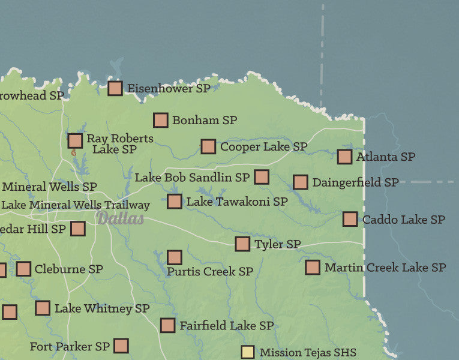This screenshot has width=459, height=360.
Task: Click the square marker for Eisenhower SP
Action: click(x=115, y=88)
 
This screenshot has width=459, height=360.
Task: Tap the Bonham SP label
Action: click(x=205, y=120)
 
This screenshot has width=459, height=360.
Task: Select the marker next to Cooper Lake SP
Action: click(x=208, y=146)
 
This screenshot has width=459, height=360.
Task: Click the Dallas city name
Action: click(x=121, y=218)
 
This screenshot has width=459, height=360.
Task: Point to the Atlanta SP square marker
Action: click(x=344, y=157)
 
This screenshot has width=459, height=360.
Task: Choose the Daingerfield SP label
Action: click(x=355, y=182)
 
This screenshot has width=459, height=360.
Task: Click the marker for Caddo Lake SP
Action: click(x=350, y=219)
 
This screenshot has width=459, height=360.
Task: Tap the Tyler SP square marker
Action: click(x=242, y=244)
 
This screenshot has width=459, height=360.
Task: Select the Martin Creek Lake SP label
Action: click(x=385, y=267)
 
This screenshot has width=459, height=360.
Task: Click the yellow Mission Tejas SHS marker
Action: click(x=248, y=352)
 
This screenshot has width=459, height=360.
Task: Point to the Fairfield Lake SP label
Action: click(x=226, y=325)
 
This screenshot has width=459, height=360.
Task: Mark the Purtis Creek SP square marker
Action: click(x=175, y=257)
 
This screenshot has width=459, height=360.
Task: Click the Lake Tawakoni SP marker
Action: click(x=175, y=201)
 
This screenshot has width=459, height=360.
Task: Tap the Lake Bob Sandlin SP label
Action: click(x=192, y=177)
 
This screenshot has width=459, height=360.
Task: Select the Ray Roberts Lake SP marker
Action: click(x=75, y=140)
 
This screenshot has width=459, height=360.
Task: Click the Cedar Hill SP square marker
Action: click(x=78, y=228)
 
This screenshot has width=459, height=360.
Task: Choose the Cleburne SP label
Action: click(x=69, y=269)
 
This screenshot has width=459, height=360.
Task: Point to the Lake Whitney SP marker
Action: click(x=43, y=308)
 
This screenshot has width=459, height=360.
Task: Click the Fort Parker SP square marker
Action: click(x=121, y=346)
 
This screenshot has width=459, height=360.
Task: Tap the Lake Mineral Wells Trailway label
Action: click(x=75, y=205)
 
